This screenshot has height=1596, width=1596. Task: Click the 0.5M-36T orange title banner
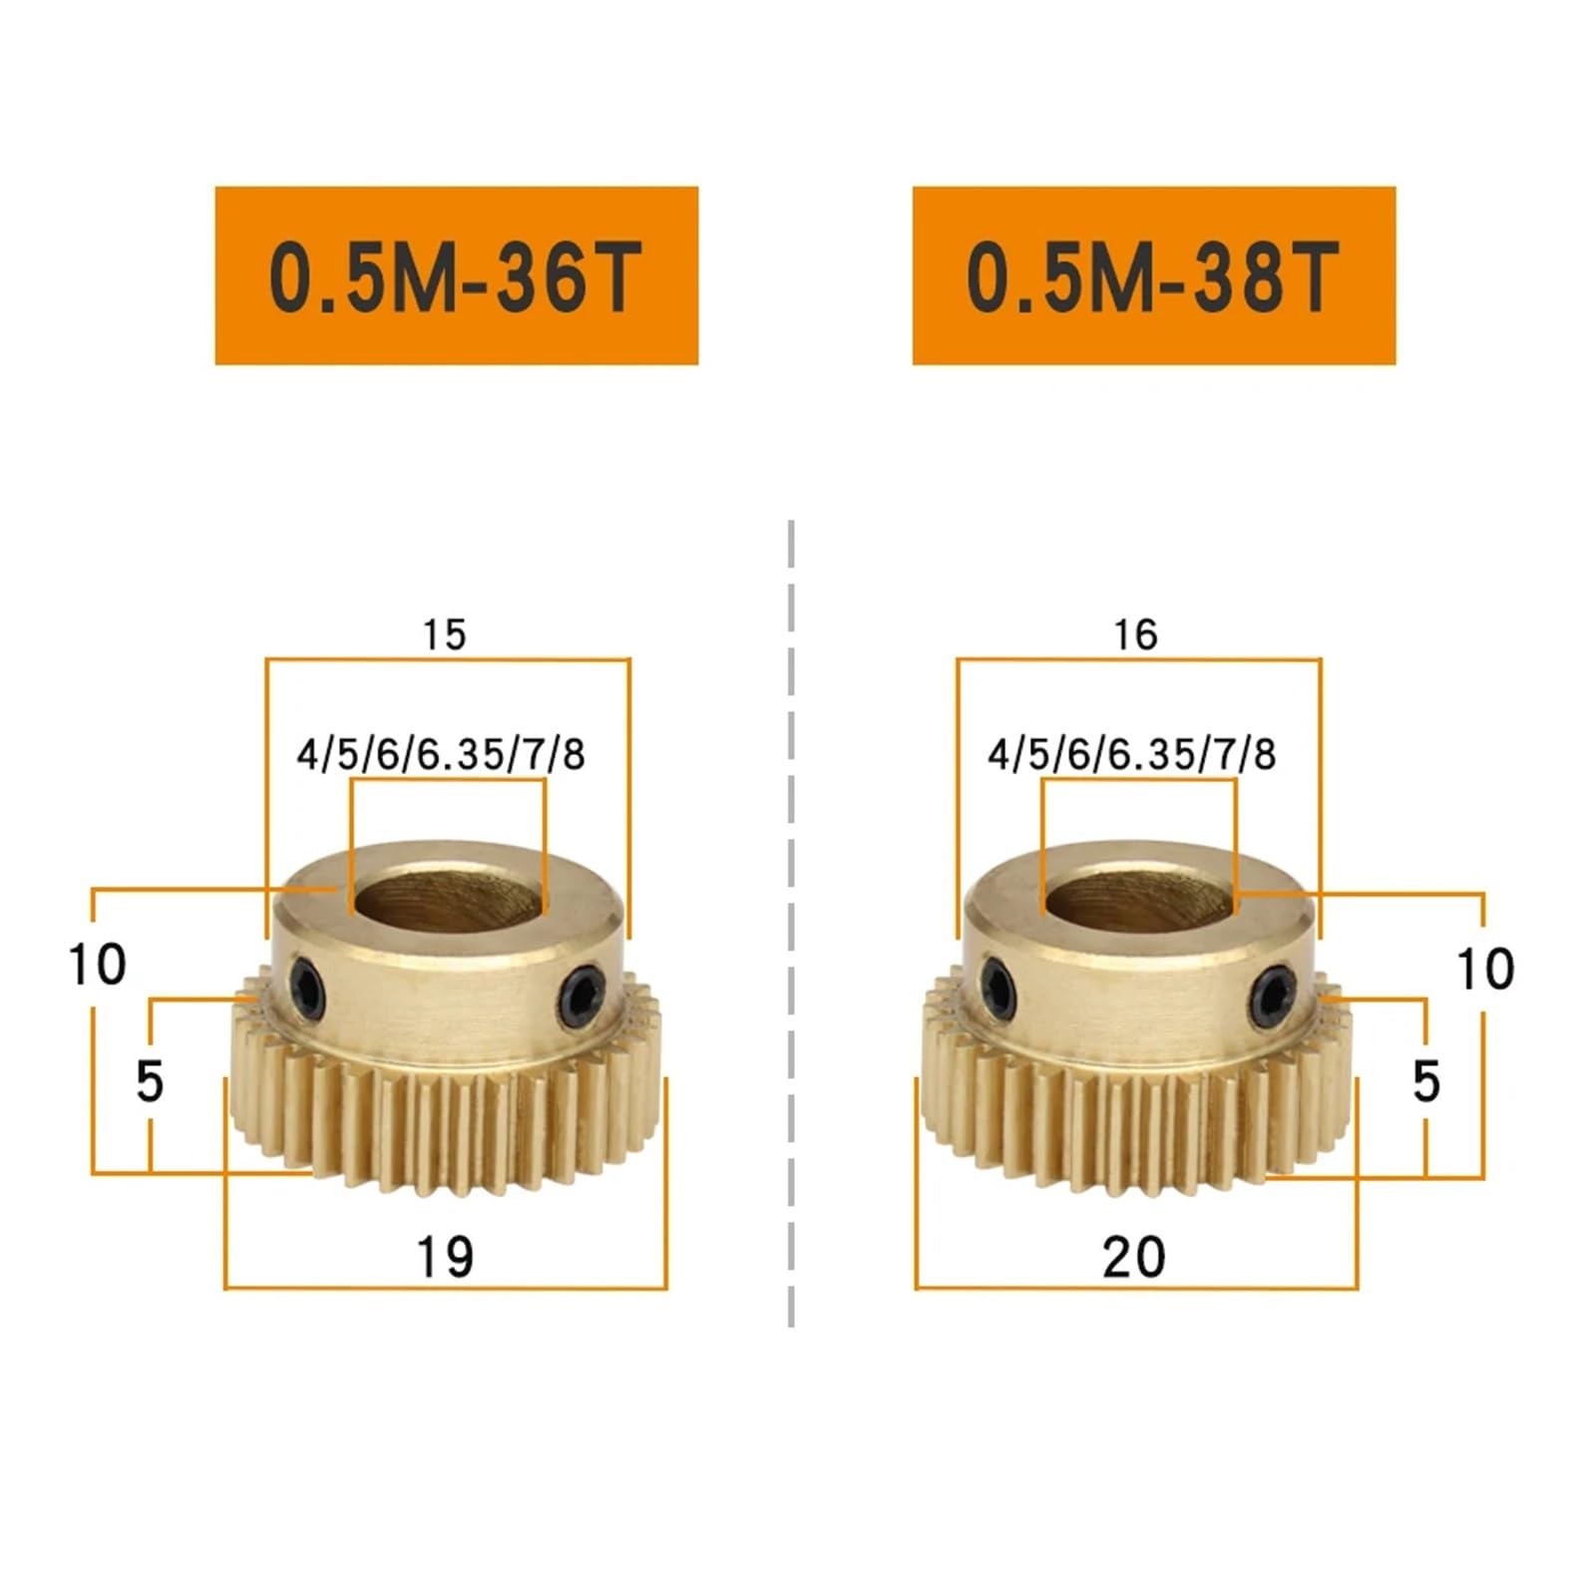pyautogui.click(x=456, y=274)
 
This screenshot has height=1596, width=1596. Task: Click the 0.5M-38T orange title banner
pyautogui.click(x=1153, y=274)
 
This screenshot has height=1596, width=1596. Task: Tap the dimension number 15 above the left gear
pyautogui.click(x=444, y=634)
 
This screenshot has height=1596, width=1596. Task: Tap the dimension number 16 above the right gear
pyautogui.click(x=1135, y=634)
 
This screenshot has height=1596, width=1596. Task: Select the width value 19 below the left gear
pyautogui.click(x=445, y=1256)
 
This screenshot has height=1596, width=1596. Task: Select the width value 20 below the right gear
pyautogui.click(x=1134, y=1256)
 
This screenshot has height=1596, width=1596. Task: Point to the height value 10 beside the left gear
pyautogui.click(x=97, y=965)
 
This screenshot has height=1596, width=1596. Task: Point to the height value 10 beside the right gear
pyautogui.click(x=1485, y=969)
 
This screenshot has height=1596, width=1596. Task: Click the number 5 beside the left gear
pyautogui.click(x=150, y=1081)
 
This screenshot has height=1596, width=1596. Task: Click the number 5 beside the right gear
pyautogui.click(x=1426, y=1081)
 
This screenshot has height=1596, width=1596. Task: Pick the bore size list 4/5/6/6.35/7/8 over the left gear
pyautogui.click(x=441, y=754)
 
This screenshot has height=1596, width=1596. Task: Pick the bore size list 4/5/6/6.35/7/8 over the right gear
pyautogui.click(x=1132, y=754)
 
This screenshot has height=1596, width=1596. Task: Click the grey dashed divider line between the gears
pyautogui.click(x=791, y=923)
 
